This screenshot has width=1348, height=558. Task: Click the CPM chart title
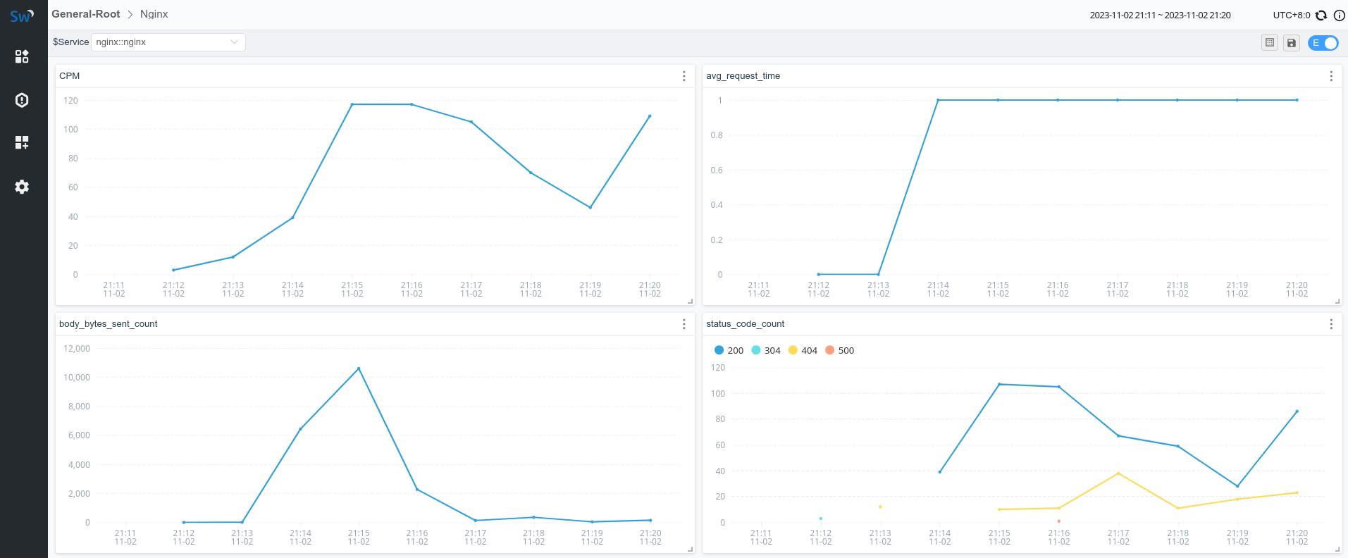[69, 76]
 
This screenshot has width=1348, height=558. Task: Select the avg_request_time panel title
[743, 76]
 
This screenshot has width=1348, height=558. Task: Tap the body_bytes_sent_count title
[108, 324]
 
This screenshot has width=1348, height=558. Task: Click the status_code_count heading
[745, 324]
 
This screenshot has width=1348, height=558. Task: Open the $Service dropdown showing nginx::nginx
[168, 42]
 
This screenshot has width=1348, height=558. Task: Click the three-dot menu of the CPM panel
[684, 76]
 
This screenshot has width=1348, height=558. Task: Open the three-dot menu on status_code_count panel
[1330, 324]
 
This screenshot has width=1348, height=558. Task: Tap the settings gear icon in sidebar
[22, 187]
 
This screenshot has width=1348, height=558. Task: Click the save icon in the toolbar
[1291, 43]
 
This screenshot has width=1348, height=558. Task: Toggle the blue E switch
[1323, 43]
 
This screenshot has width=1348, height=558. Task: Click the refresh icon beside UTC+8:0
[1321, 15]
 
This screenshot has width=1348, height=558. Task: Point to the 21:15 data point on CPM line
[352, 104]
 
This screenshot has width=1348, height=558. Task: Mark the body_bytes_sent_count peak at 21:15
[359, 368]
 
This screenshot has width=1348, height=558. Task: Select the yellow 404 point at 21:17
[1118, 473]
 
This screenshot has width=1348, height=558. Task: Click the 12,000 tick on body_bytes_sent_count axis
[77, 348]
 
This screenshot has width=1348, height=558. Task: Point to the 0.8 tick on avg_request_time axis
[716, 135]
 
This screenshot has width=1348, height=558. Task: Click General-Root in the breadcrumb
[85, 14]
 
